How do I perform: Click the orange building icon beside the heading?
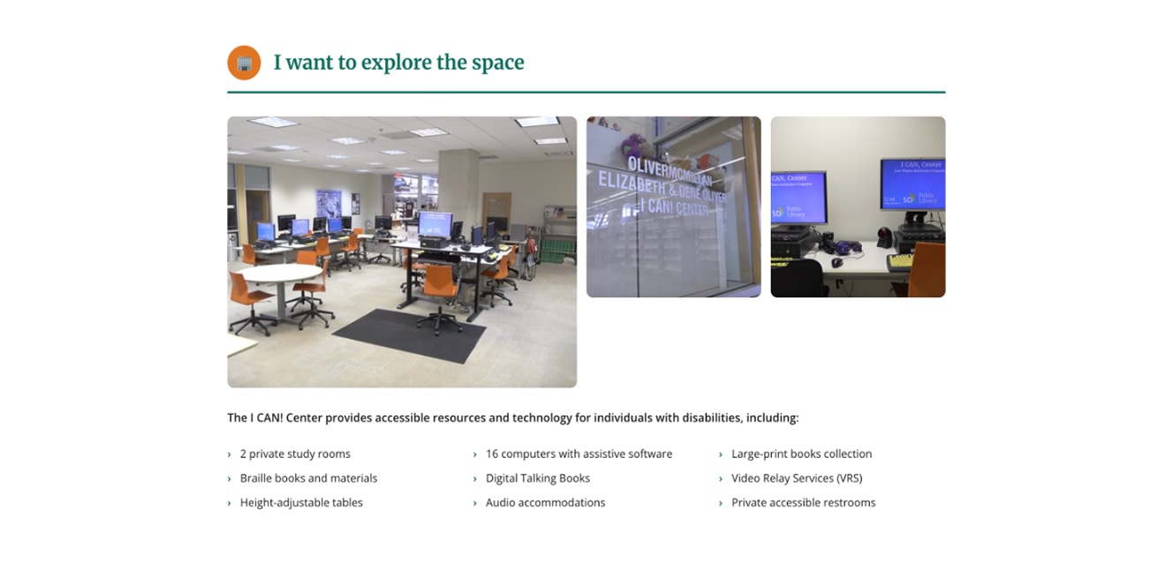244,63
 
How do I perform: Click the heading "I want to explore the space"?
398,63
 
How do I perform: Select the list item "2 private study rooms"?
295,454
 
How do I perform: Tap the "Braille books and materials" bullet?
308,478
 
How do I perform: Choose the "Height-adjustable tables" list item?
301,503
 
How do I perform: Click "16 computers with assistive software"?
579,454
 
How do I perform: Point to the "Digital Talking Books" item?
537,478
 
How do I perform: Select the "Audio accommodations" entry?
545,503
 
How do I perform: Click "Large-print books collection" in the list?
801,454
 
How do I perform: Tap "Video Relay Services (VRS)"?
796,478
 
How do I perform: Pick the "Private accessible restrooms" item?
803,503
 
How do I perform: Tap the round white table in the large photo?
281,274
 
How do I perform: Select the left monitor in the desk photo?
798,196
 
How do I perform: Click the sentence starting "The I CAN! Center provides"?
512,418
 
